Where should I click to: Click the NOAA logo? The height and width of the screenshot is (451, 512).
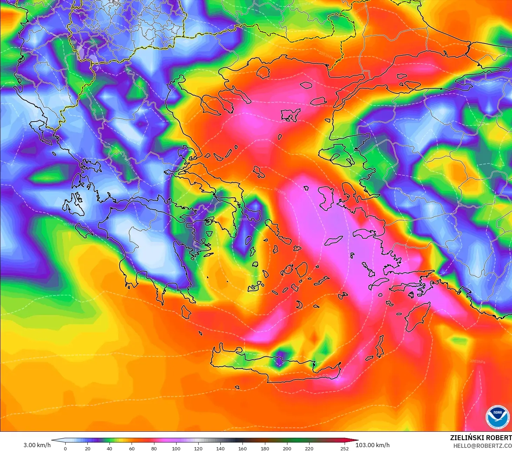pos(497,417)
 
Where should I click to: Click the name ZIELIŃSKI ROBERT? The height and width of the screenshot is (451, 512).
pos(481,438)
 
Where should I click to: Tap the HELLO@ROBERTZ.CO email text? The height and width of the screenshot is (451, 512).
pos(482,446)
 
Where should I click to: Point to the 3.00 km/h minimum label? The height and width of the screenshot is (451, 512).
pos(37,445)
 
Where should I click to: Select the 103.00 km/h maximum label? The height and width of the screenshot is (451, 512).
pos(372,445)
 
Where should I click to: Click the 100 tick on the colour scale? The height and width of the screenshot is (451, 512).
pos(176,448)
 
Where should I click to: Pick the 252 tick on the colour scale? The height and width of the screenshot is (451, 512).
pos(344,448)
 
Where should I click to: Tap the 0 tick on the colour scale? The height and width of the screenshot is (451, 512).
pos(65,448)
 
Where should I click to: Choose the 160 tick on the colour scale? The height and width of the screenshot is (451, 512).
pos(242,448)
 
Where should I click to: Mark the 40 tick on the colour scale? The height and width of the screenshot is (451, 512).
pos(109,448)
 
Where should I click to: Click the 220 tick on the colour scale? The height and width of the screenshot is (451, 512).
pos(309,448)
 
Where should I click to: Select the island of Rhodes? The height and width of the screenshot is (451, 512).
pos(418,317)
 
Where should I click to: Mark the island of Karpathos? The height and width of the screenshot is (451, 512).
pos(380,345)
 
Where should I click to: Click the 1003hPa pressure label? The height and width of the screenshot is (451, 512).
pos(478,361)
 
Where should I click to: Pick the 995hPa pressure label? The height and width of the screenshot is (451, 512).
pos(69,224)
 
